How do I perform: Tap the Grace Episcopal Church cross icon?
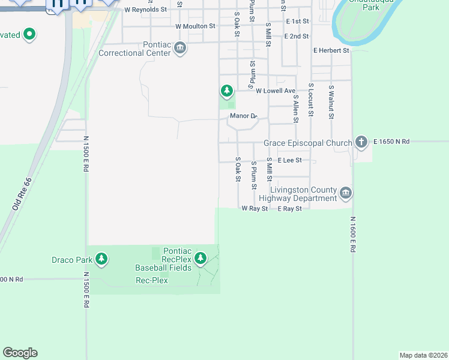point(361,142)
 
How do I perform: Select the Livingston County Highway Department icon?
point(345,193)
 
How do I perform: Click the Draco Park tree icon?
point(103,259)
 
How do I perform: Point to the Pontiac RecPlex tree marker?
point(200,259)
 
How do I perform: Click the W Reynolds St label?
point(146,10)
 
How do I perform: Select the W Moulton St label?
point(195,26)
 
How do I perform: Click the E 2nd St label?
point(297,37)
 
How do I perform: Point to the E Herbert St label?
point(331,51)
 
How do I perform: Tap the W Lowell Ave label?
point(276,91)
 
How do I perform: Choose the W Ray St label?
point(255,209)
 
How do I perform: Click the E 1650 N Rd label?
point(391,142)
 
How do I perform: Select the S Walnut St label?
point(331,102)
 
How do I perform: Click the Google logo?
point(20,353)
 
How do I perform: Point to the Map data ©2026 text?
point(423,355)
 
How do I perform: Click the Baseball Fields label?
point(163,268)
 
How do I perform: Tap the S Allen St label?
point(295,108)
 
